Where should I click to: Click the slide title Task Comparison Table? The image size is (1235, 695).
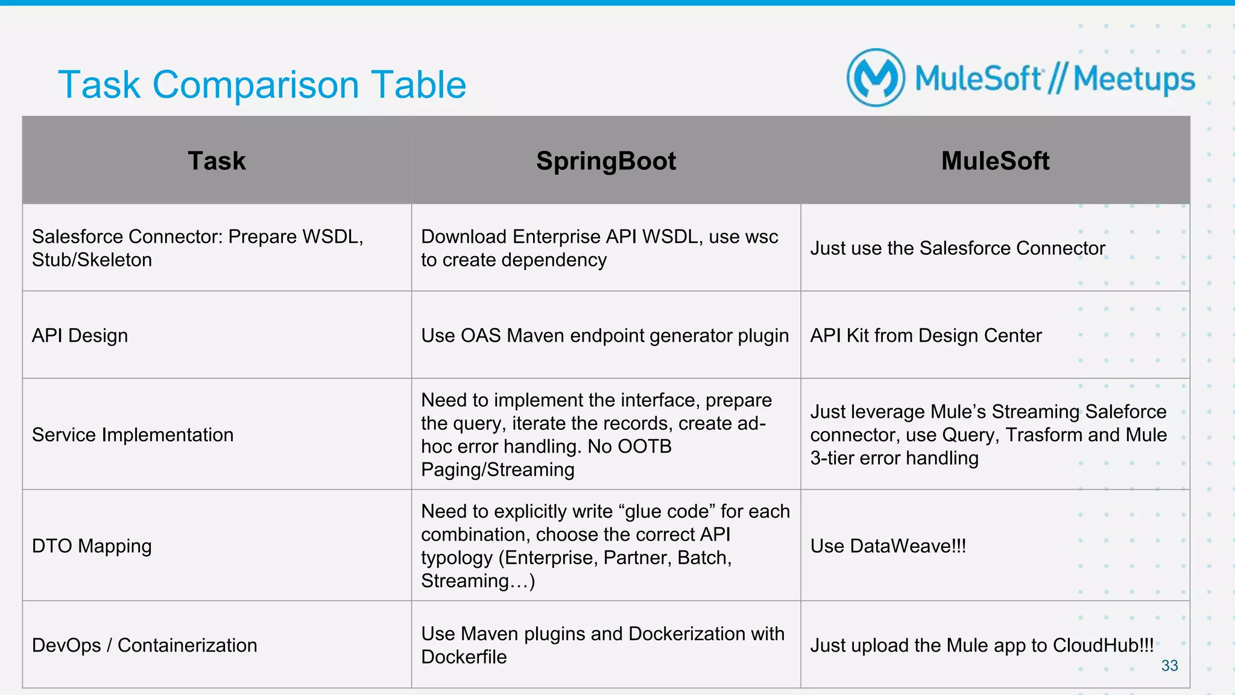click(x=262, y=84)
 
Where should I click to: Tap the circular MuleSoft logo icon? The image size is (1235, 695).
click(x=876, y=78)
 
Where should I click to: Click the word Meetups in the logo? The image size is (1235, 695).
click(x=1134, y=80)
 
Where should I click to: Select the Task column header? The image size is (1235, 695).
click(x=216, y=161)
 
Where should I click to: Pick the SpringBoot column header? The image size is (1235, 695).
click(x=605, y=161)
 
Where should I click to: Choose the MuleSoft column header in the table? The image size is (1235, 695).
click(x=995, y=161)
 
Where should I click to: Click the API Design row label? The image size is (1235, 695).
click(x=80, y=336)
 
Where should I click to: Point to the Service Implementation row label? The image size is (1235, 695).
click(x=133, y=435)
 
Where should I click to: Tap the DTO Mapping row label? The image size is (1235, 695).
click(x=92, y=546)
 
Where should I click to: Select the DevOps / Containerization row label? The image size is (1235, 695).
click(x=145, y=645)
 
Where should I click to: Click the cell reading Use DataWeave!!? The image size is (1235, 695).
click(x=888, y=546)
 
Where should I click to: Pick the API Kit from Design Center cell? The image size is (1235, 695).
click(x=926, y=336)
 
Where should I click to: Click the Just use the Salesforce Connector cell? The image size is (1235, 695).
click(x=957, y=248)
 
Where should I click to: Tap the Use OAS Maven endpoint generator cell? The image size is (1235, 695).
click(x=605, y=336)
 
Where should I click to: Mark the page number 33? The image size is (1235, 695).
click(x=1169, y=665)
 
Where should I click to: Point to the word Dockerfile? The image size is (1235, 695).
click(x=464, y=657)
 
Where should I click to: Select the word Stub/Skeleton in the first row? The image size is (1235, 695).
click(x=92, y=260)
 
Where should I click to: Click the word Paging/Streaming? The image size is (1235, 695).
click(x=497, y=470)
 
